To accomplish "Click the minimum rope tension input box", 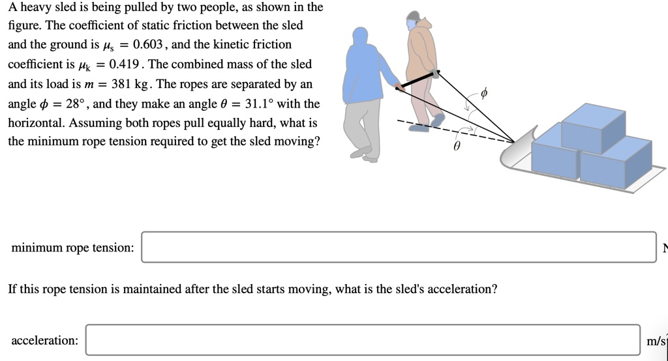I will pos(399,247).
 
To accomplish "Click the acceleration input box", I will pos(363,340).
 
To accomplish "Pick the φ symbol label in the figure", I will pos(483,94).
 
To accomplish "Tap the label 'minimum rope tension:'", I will pos(72,248).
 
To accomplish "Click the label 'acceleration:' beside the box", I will pos(44,340).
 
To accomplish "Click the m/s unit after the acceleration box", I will pos(656,340).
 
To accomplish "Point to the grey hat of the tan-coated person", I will pos(413,15).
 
